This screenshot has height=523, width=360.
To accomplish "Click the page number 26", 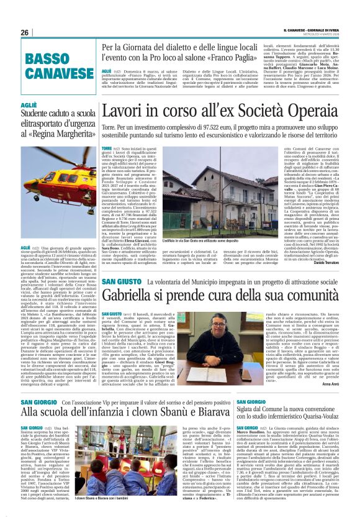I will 25,32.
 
